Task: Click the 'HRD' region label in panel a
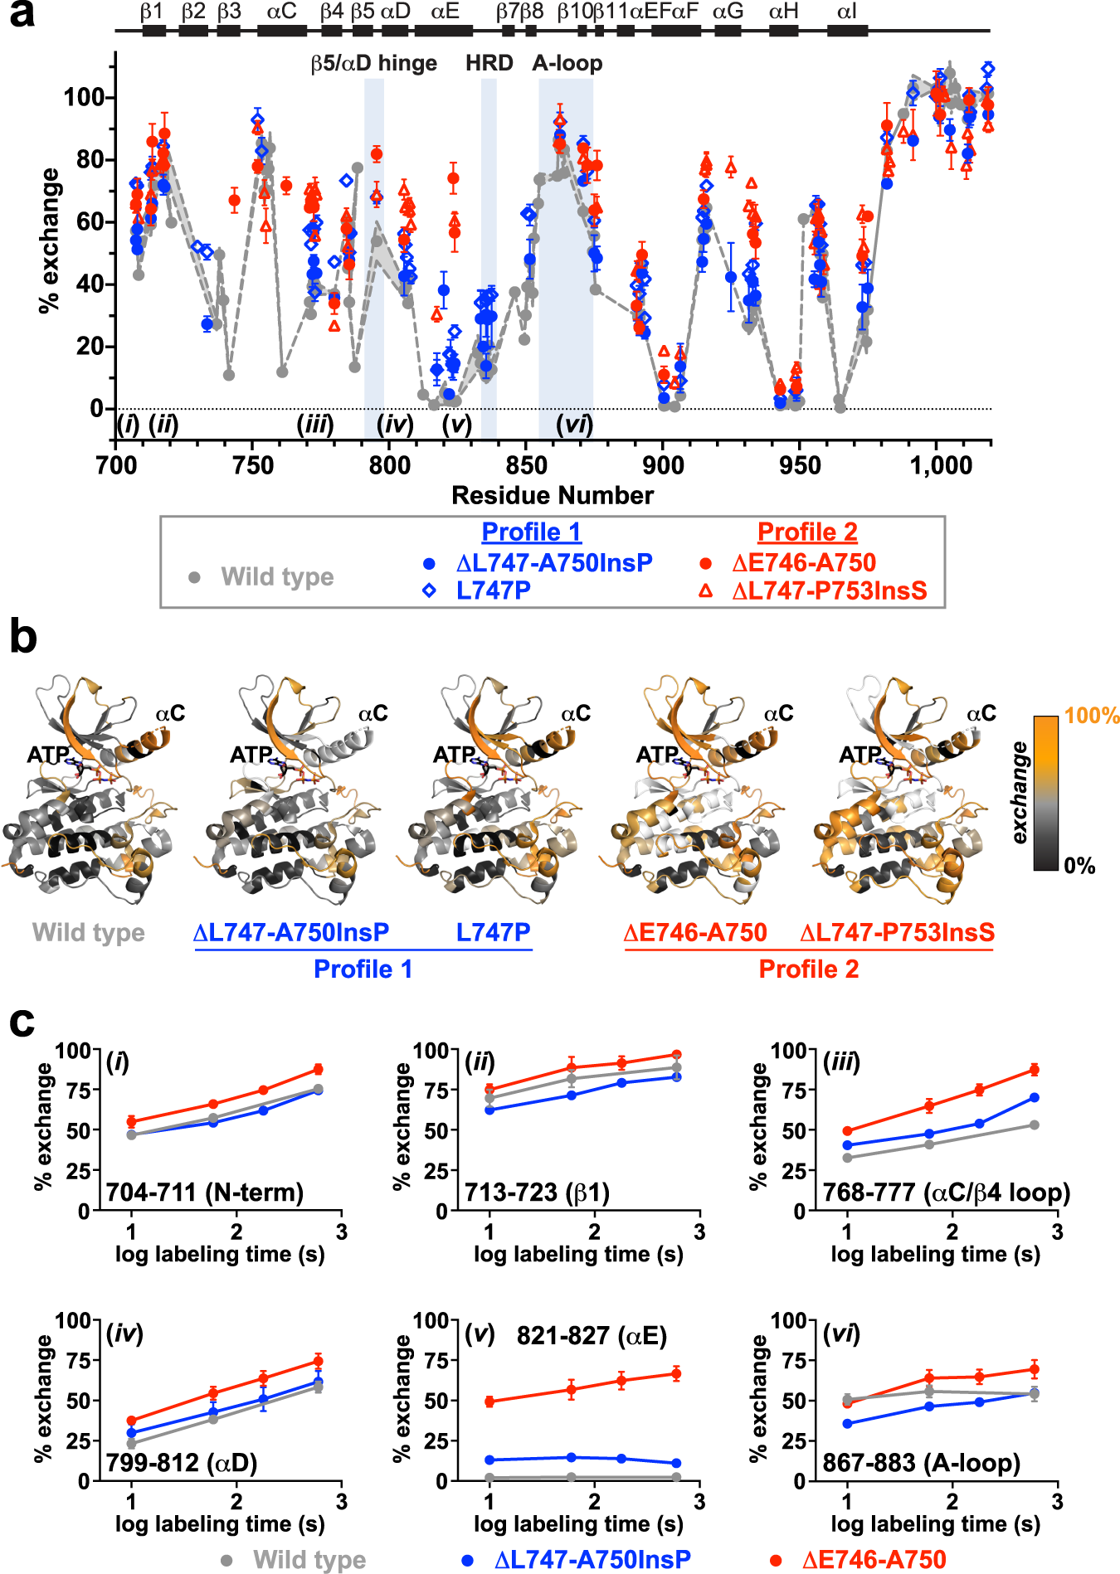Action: [x=489, y=64]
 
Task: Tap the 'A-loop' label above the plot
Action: [x=567, y=64]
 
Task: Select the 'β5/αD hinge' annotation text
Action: [x=374, y=64]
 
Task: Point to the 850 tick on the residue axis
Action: [x=526, y=465]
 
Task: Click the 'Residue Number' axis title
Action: [x=552, y=495]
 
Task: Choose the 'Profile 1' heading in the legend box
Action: [x=531, y=532]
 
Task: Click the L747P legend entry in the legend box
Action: [x=493, y=590]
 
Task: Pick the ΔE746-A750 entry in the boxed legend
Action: [x=803, y=563]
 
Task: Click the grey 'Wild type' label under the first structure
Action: [x=88, y=932]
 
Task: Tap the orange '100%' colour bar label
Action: [x=1091, y=716]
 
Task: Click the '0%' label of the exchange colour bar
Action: [x=1079, y=867]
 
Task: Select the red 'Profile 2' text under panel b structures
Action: [x=808, y=969]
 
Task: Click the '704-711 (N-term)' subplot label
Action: [x=204, y=1193]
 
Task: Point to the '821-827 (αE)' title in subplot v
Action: [x=591, y=1336]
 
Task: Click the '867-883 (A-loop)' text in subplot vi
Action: [x=921, y=1463]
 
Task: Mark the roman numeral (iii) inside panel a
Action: [x=315, y=425]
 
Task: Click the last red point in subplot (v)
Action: [x=676, y=1374]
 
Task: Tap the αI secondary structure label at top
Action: [x=846, y=12]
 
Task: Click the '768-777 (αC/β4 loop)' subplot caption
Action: [x=946, y=1193]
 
